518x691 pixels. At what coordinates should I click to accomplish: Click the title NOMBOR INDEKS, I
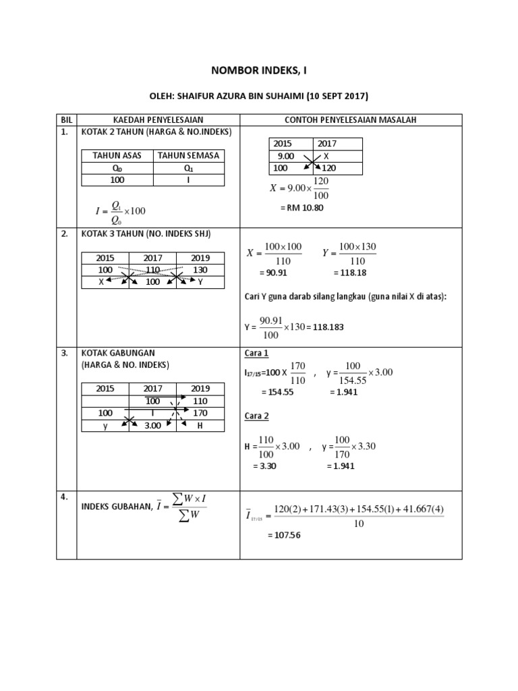coord(258,70)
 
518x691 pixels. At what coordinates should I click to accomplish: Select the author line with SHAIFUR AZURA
coord(258,96)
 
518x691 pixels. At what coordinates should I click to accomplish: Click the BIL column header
coord(66,119)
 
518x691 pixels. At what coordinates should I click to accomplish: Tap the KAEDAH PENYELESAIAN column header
coord(158,119)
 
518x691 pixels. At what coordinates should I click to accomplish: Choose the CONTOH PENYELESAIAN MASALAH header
coord(351,119)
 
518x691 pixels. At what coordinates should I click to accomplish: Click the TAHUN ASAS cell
coord(117,155)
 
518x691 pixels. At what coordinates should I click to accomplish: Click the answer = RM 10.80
coord(301,208)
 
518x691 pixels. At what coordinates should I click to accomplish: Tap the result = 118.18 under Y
coord(349,274)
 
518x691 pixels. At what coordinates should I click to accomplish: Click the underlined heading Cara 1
coord(256,354)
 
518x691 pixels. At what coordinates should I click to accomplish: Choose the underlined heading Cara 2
coord(256,416)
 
